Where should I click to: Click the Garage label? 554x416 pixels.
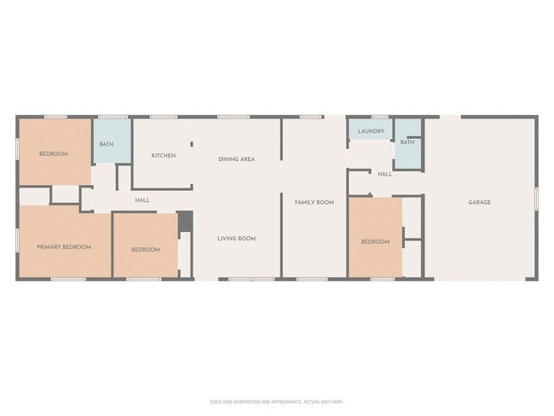click(x=479, y=202)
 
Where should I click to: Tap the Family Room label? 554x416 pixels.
click(x=314, y=202)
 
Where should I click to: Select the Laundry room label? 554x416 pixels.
click(x=371, y=131)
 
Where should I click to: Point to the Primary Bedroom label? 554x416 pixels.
click(x=63, y=246)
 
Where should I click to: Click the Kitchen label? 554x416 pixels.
click(x=164, y=155)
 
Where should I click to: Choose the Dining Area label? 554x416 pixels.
click(x=236, y=159)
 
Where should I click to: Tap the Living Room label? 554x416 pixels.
click(x=236, y=238)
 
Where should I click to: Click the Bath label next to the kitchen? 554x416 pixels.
click(x=106, y=144)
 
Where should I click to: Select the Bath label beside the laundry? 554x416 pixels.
click(x=407, y=142)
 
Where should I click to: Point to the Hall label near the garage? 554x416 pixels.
click(x=385, y=174)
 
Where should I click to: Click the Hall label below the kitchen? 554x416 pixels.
click(x=142, y=200)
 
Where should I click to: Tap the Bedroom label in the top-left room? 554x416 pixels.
click(x=53, y=153)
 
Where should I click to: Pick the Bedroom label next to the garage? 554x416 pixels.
click(x=375, y=241)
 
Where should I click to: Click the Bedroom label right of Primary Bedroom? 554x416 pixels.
click(x=145, y=249)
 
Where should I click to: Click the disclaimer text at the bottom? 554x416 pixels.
click(x=277, y=402)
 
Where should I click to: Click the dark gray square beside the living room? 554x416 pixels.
click(x=185, y=221)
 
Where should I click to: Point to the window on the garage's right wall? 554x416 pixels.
click(x=536, y=197)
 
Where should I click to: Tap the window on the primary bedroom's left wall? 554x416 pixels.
click(x=17, y=240)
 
